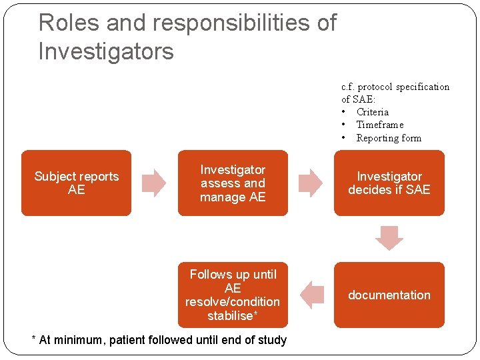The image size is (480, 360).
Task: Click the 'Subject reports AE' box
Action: (76, 183)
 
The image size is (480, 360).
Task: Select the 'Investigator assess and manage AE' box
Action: (233, 183)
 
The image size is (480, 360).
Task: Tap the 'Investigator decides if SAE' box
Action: (389, 183)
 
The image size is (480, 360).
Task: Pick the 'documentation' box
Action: (389, 295)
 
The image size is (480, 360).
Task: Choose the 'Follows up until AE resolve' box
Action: (233, 295)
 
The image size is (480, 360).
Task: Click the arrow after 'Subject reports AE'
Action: (154, 183)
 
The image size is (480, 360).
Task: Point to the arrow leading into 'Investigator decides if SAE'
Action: (310, 183)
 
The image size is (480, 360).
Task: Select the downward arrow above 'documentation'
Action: (389, 237)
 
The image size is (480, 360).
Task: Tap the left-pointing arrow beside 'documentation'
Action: (311, 295)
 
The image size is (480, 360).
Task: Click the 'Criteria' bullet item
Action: (372, 112)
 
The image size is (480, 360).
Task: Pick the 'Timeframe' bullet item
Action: (379, 125)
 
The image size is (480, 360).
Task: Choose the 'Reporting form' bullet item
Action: (389, 138)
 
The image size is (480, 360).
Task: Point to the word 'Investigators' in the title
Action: (106, 51)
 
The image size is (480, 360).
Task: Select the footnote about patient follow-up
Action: (159, 340)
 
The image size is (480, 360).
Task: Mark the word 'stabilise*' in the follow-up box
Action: (233, 315)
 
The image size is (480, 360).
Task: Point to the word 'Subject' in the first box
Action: (55, 177)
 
